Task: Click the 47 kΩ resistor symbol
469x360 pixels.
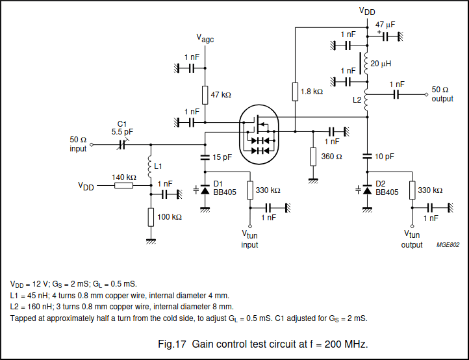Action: [205, 95]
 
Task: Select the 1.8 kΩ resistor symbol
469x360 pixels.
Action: [295, 92]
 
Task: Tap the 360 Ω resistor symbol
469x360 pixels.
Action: [312, 157]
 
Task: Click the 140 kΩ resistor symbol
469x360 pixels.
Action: [123, 186]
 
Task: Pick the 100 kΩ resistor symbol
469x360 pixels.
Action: [151, 216]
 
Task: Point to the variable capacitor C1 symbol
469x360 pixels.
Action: [122, 145]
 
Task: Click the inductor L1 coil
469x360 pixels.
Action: [151, 167]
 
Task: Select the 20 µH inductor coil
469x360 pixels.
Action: [366, 64]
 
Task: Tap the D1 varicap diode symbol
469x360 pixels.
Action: [205, 190]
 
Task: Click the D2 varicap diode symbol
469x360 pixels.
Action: [366, 190]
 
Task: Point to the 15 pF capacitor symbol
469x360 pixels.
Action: [205, 157]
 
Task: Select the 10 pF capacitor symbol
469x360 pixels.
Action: [366, 157]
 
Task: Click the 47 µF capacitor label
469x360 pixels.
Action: [385, 24]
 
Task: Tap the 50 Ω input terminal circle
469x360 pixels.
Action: [91, 145]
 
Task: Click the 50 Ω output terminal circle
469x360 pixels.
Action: [427, 94]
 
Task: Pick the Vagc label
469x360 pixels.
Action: [205, 39]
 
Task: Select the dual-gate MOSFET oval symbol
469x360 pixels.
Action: [258, 134]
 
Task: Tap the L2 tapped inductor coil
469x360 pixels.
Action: [366, 101]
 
